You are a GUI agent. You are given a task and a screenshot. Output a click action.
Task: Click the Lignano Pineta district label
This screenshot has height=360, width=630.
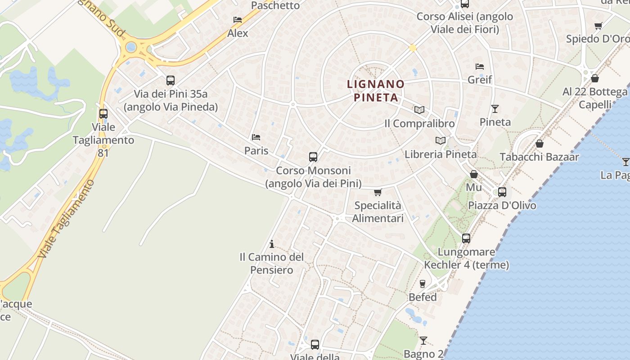376,90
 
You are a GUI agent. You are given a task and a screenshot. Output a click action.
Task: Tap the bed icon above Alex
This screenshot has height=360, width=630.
238,20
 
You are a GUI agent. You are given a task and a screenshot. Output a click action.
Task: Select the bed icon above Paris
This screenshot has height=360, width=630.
256,137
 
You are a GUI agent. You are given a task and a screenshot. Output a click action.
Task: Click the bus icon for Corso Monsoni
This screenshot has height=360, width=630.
313,157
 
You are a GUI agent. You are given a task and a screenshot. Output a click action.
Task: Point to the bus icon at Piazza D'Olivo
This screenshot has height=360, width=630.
502,192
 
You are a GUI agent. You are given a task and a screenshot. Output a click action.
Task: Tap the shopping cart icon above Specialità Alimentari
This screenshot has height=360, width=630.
378,192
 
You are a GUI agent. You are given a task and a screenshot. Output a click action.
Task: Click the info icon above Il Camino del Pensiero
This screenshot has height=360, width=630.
272,244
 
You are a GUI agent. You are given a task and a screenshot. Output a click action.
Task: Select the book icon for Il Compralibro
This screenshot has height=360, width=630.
419,110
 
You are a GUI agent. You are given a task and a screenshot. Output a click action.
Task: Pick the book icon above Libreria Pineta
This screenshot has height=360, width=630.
441,140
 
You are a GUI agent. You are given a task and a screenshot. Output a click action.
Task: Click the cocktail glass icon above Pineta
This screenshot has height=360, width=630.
495,108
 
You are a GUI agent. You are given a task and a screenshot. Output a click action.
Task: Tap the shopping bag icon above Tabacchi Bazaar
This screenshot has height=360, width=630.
540,144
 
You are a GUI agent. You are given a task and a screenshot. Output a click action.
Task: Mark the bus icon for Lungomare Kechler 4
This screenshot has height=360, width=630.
466,238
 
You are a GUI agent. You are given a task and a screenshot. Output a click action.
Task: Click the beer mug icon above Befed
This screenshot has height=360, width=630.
423,283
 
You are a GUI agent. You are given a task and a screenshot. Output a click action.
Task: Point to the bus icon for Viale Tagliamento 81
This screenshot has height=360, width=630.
103,114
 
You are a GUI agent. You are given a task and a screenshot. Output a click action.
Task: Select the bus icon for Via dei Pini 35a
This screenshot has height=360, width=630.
171,81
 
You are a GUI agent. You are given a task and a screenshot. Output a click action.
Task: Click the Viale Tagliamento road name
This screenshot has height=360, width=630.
67,218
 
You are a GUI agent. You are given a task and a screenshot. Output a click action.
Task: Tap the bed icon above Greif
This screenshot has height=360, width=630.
480,66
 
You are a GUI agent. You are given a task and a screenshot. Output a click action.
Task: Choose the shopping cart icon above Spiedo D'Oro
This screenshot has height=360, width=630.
598,26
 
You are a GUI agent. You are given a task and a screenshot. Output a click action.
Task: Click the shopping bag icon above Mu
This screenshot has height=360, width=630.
473,174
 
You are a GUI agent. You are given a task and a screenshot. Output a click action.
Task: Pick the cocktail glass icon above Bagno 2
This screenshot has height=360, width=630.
423,340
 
